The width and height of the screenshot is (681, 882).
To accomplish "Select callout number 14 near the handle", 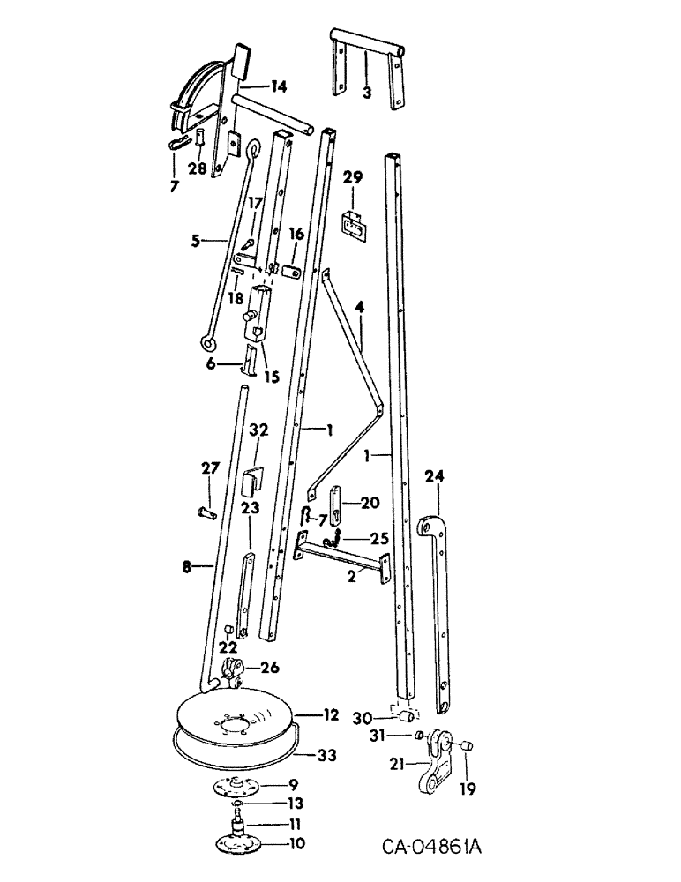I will [x=278, y=86].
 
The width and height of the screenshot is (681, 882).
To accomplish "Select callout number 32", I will [x=258, y=431].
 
